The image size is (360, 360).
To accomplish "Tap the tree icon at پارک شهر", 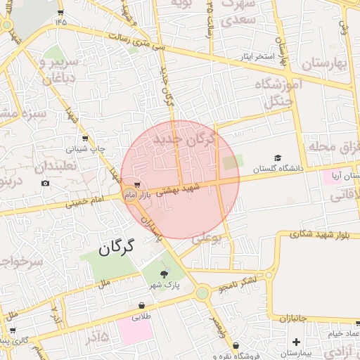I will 165,274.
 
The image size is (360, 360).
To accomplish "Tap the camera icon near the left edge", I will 46,184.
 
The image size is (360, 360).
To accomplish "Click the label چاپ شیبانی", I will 86,149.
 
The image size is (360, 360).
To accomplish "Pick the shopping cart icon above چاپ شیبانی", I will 85,139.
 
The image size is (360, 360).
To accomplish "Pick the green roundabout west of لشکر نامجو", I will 202,292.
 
